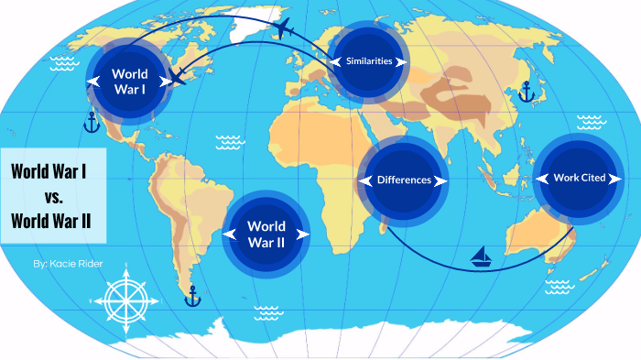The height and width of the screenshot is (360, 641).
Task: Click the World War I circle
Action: pyautogui.click(x=129, y=81)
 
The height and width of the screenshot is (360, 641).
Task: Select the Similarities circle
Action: pyautogui.click(x=369, y=61)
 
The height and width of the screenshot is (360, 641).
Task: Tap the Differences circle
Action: pyautogui.click(x=404, y=180)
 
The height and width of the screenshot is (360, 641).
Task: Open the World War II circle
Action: pyautogui.click(x=266, y=234)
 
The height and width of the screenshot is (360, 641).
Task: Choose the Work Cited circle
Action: pyautogui.click(x=579, y=178)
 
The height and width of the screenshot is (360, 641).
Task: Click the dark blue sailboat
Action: pyautogui.click(x=482, y=257)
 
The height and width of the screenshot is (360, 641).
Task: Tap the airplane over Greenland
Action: pyautogui.click(x=282, y=27)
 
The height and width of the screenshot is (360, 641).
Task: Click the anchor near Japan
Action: pyautogui.click(x=526, y=91)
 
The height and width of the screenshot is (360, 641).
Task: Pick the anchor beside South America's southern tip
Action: pyautogui.click(x=191, y=296)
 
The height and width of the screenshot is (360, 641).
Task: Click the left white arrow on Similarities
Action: pyautogui.click(x=336, y=61)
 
